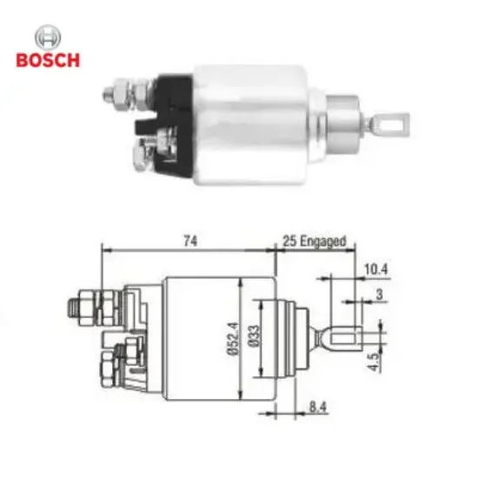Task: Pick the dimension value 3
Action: click(x=379, y=295)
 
